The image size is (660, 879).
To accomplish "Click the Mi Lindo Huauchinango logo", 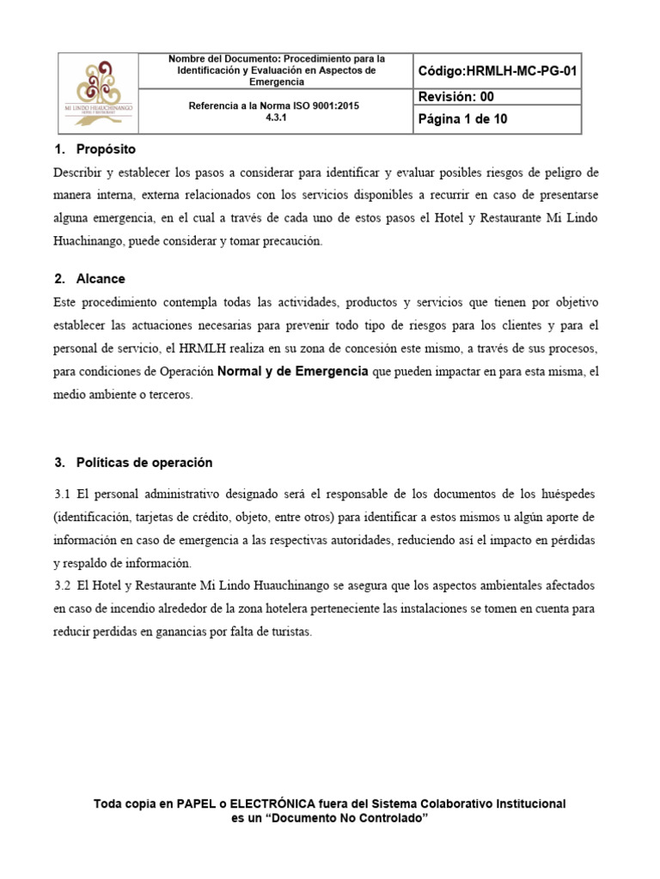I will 97,93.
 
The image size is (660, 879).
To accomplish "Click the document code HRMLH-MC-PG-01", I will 498,70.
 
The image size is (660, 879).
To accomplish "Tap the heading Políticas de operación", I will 144,463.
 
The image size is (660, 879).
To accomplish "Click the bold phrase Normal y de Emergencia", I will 293,371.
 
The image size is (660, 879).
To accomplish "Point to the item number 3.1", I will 62,495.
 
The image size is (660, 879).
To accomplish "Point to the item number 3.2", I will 62,585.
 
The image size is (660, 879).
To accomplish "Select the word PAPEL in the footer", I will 196,804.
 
